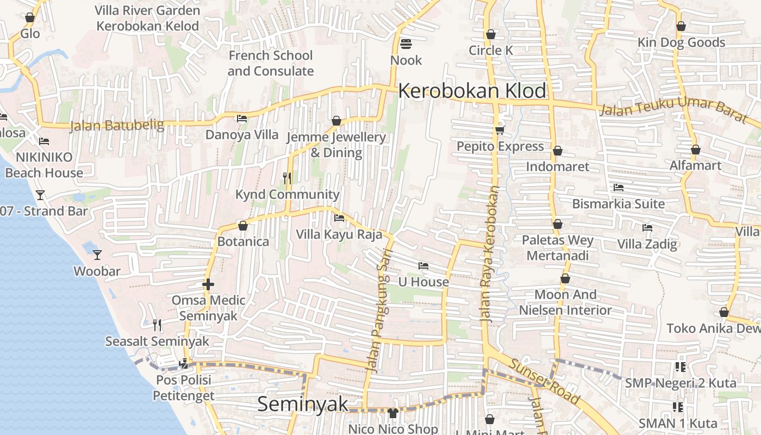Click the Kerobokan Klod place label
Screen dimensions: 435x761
(472, 91)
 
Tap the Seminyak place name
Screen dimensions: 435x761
(303, 404)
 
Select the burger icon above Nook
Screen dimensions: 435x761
(406, 43)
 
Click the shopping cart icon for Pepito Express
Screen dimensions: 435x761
(500, 130)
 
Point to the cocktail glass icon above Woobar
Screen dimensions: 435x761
(97, 254)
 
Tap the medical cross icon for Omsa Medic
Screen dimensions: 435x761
(208, 284)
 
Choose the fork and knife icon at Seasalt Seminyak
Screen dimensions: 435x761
(157, 325)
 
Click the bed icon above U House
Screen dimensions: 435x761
(423, 266)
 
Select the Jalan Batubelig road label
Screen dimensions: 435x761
(117, 126)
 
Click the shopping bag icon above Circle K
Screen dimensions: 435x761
(491, 34)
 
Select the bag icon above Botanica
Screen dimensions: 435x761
(243, 226)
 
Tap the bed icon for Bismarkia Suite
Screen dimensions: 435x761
(619, 188)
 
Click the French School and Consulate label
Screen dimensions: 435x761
(270, 63)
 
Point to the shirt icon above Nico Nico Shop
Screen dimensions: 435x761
(393, 413)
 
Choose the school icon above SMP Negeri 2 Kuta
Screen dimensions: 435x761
(680, 367)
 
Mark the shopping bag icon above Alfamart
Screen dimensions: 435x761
(695, 150)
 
